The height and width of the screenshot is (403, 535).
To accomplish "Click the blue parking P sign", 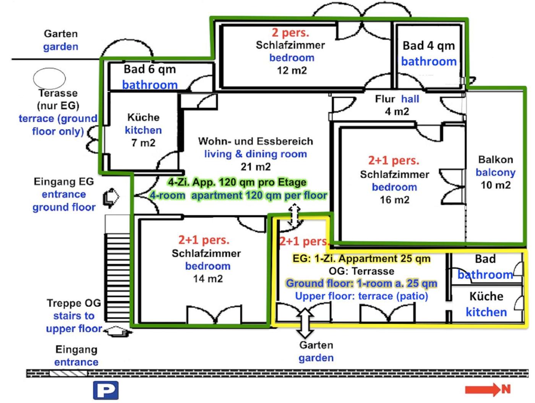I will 106,390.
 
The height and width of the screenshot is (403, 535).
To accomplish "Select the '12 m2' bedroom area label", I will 292,70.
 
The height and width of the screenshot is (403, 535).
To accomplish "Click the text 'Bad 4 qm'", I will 429,46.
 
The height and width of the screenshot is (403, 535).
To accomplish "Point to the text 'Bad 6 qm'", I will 150,69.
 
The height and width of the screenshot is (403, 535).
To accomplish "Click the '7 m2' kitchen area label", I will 143,143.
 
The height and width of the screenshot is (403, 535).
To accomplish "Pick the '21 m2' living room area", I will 256,167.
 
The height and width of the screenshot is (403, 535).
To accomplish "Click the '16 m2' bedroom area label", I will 394,200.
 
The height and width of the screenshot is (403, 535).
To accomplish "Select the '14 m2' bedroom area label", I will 208,279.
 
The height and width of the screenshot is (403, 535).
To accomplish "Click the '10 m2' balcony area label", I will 495,185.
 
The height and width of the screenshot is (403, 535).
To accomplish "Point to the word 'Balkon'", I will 495,160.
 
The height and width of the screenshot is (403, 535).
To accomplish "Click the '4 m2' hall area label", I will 397,112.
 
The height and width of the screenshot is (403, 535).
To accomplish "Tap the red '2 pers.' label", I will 290,33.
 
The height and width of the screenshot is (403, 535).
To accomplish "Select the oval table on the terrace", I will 49,78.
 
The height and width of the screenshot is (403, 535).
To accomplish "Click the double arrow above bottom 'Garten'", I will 305,323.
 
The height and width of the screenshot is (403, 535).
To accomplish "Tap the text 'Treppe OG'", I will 74,303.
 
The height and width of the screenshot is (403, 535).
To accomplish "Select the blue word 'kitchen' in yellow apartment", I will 486,312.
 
